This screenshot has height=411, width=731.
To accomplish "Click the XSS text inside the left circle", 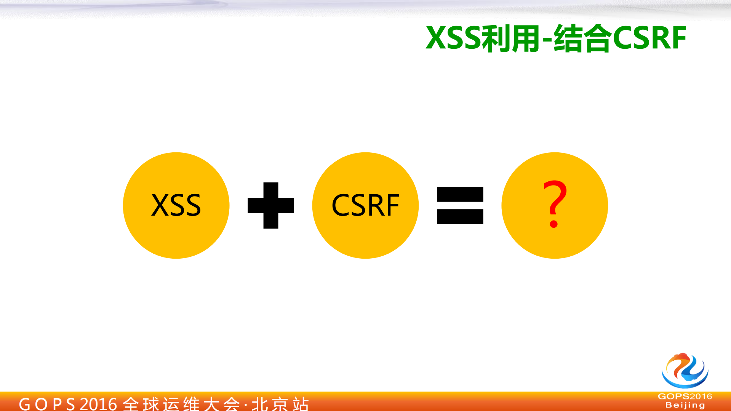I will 176,205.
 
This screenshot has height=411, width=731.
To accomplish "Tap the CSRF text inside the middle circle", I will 365,205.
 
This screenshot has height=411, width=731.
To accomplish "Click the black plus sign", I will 270,205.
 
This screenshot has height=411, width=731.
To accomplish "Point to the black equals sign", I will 460,205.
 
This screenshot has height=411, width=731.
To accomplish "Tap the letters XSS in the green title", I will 454,38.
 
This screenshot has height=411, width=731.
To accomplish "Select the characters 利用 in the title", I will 511,38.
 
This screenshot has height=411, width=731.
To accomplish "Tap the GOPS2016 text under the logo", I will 685,397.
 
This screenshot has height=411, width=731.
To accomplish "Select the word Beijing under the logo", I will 685,405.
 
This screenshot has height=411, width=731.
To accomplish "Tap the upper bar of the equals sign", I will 460,194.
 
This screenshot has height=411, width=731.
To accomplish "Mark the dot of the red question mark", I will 553,224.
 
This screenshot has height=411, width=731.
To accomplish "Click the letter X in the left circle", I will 159,205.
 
